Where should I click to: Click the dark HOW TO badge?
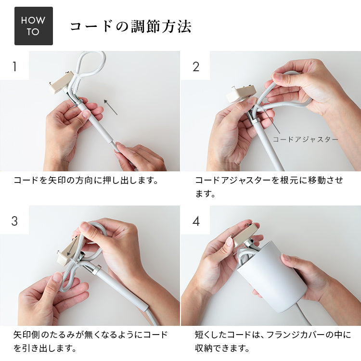click(33, 26)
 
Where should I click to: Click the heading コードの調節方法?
click(130, 26)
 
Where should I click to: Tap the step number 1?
click(14, 66)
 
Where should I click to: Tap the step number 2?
click(195, 66)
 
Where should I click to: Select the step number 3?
click(14, 221)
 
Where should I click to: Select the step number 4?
click(195, 221)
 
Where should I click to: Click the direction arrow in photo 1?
click(111, 107)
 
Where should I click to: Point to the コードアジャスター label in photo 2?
click(305, 139)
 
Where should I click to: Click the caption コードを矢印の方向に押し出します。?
click(86, 181)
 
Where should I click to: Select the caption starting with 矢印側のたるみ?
click(90, 341)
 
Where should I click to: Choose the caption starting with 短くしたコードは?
click(272, 341)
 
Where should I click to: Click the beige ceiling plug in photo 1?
click(61, 82)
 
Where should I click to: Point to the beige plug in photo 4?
click(245, 234)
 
